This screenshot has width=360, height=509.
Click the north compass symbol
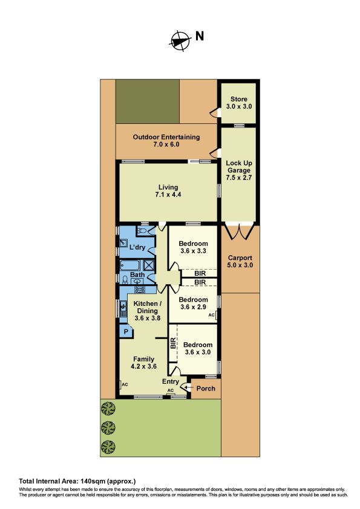coord(180,41)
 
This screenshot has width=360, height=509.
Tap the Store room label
coord(239,103)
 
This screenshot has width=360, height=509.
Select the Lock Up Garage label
coord(239,170)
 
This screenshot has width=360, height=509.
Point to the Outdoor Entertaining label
coord(166,141)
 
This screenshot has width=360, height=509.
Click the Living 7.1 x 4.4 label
coord(168,191)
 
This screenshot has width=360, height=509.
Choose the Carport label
coord(240,261)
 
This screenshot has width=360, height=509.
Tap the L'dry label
coord(137,247)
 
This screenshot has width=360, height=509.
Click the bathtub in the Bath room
coord(130,265)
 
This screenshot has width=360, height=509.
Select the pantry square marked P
coord(126,332)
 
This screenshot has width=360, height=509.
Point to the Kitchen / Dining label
coord(148,311)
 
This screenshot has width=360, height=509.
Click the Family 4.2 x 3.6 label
coord(143,363)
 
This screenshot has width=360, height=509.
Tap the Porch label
coord(206,389)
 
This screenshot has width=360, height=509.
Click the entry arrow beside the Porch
coord(188,387)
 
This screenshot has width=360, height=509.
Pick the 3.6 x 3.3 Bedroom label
coord(193,247)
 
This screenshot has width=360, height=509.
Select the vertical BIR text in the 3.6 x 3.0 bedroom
coord(173,343)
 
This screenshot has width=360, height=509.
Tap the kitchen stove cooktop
coord(140,290)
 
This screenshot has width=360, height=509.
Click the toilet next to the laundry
coord(143,231)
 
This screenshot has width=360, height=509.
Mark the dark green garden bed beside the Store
coord(148,102)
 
